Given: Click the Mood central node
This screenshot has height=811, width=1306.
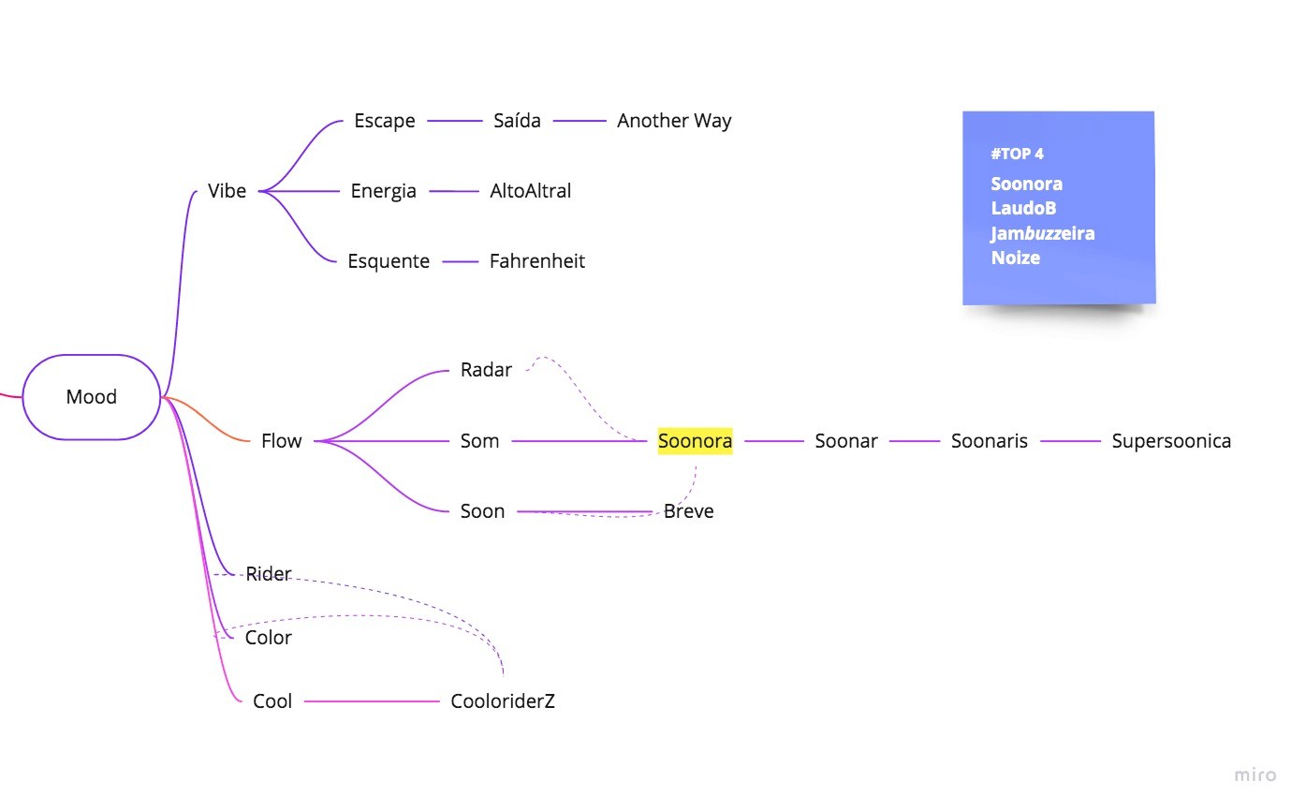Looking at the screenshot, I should tap(92, 397).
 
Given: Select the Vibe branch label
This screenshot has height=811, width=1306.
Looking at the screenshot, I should tap(227, 191).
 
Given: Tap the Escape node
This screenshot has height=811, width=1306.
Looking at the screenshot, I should tap(384, 121).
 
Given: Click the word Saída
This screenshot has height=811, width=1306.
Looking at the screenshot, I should tap(517, 121).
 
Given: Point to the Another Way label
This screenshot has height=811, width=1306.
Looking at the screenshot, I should tap(674, 121).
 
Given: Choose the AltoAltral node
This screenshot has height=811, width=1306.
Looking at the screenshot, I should tap(530, 191).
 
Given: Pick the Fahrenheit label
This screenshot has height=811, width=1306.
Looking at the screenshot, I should tap(536, 261).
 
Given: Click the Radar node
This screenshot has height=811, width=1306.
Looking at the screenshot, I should tap(486, 370).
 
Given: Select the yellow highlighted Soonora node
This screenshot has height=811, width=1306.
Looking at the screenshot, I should tap(695, 441).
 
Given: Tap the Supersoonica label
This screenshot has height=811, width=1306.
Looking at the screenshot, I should tap(1171, 441).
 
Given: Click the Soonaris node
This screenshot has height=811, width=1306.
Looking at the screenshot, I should tap(989, 441).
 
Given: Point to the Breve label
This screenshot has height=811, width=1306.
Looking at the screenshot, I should tap(688, 511).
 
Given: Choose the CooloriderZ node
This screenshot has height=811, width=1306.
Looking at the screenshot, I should tap(503, 701).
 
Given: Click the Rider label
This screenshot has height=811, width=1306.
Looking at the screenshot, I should tap(269, 574).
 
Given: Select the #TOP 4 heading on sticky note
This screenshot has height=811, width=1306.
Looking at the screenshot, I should tap(1017, 154).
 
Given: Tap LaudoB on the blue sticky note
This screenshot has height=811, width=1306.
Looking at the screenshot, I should tap(1023, 208).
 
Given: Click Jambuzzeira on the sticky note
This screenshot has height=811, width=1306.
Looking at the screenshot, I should tap(1043, 233).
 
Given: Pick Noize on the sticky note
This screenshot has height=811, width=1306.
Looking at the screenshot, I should tap(1015, 258).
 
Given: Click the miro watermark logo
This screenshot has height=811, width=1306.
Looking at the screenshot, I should tap(1255, 774).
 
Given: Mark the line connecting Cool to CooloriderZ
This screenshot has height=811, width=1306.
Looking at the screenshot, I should tap(372, 701).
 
